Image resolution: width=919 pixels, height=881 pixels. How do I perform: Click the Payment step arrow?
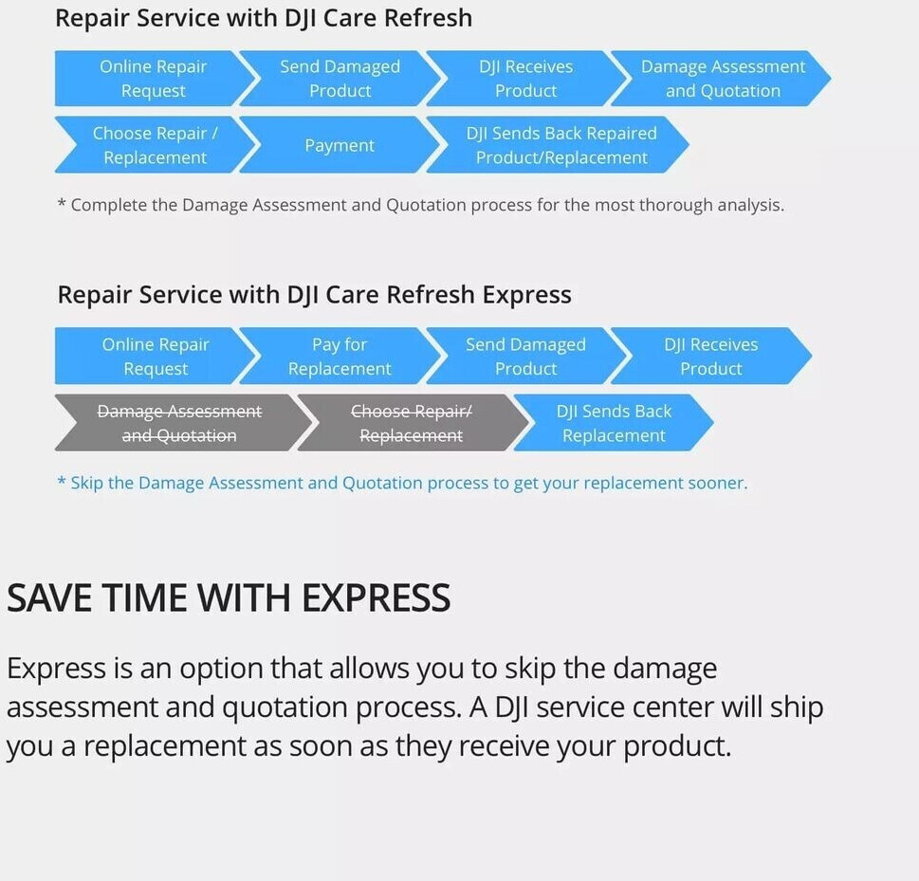click(x=340, y=145)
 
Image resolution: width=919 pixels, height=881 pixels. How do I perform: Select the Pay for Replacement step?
click(x=340, y=356)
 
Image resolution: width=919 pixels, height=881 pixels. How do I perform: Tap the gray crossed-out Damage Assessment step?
click(x=179, y=423)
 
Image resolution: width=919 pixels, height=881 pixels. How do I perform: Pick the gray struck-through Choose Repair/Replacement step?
click(x=412, y=423)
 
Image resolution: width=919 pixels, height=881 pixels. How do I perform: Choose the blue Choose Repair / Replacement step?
click(x=156, y=145)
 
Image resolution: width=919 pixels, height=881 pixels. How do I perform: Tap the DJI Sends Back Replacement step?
click(x=614, y=423)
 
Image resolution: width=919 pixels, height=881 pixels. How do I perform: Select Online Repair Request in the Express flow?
click(x=156, y=356)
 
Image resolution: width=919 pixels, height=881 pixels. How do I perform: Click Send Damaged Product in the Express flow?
click(x=525, y=356)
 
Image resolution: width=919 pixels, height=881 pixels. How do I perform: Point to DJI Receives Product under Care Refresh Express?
click(x=711, y=356)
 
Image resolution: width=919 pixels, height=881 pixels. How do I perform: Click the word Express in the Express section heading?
click(x=527, y=295)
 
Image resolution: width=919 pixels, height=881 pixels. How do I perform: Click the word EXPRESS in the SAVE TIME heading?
click(x=376, y=597)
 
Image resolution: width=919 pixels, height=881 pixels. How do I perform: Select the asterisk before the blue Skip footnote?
click(x=62, y=481)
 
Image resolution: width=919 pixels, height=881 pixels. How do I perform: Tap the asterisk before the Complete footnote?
click(x=62, y=203)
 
